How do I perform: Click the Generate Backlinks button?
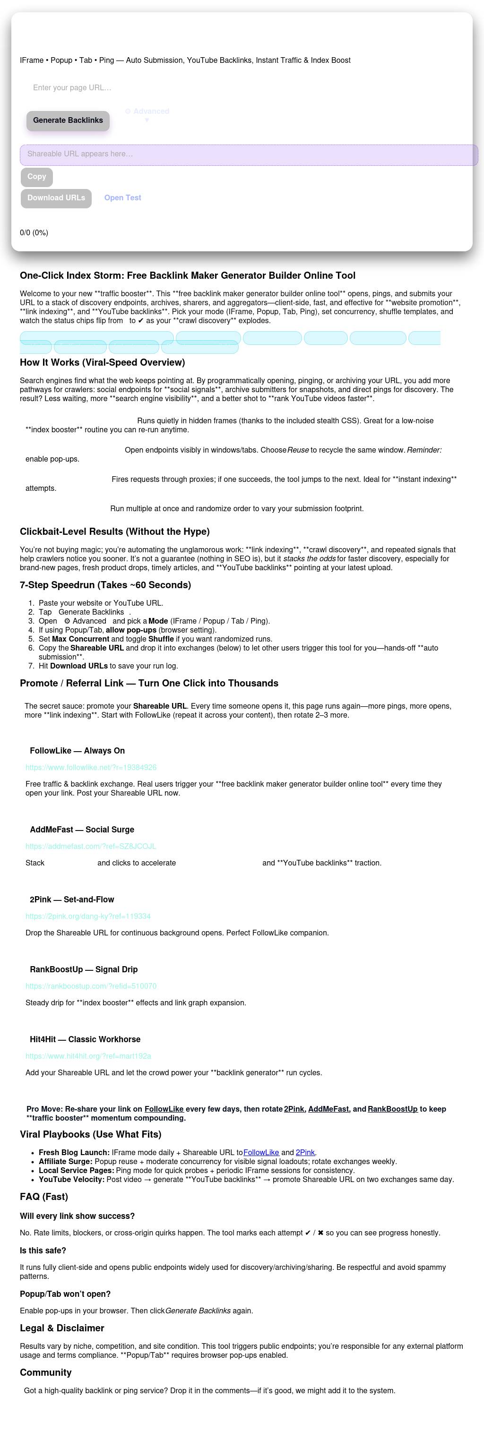68,120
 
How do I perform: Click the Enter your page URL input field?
167,88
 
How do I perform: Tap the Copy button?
37,177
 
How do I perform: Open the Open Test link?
122,198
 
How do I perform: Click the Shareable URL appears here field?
249,154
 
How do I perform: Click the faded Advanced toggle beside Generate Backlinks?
147,111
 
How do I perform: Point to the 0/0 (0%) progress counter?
34,233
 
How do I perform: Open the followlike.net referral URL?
91,767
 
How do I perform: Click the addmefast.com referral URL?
91,846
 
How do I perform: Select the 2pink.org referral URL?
88,916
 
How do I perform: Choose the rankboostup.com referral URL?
91,986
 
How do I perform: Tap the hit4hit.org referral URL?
88,1056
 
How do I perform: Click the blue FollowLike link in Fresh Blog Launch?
261,1153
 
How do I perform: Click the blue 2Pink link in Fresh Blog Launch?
305,1153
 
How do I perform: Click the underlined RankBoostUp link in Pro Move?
392,1109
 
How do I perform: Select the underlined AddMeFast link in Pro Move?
328,1109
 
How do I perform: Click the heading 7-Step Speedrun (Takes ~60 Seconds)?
105,585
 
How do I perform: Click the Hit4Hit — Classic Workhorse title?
85,1039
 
